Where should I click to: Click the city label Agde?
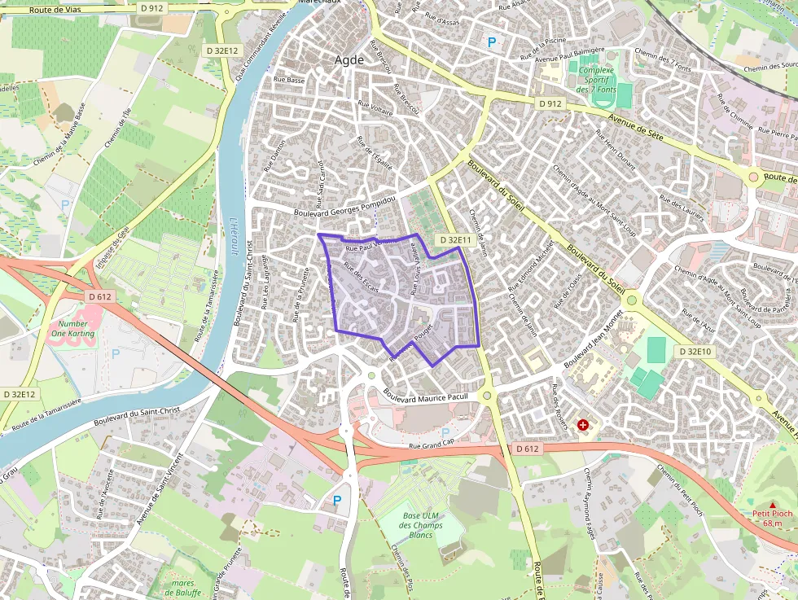tap(350, 59)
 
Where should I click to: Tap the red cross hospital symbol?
tap(583, 424)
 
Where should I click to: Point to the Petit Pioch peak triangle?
tap(772, 505)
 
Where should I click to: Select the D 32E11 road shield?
tap(453, 240)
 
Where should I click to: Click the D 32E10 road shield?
tap(695, 351)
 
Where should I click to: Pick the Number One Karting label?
tap(73, 328)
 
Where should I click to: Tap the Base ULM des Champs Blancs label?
tap(421, 525)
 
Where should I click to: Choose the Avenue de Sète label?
tap(639, 129)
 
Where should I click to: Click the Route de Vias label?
tap(58, 9)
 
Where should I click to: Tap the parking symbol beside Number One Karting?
tap(115, 353)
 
